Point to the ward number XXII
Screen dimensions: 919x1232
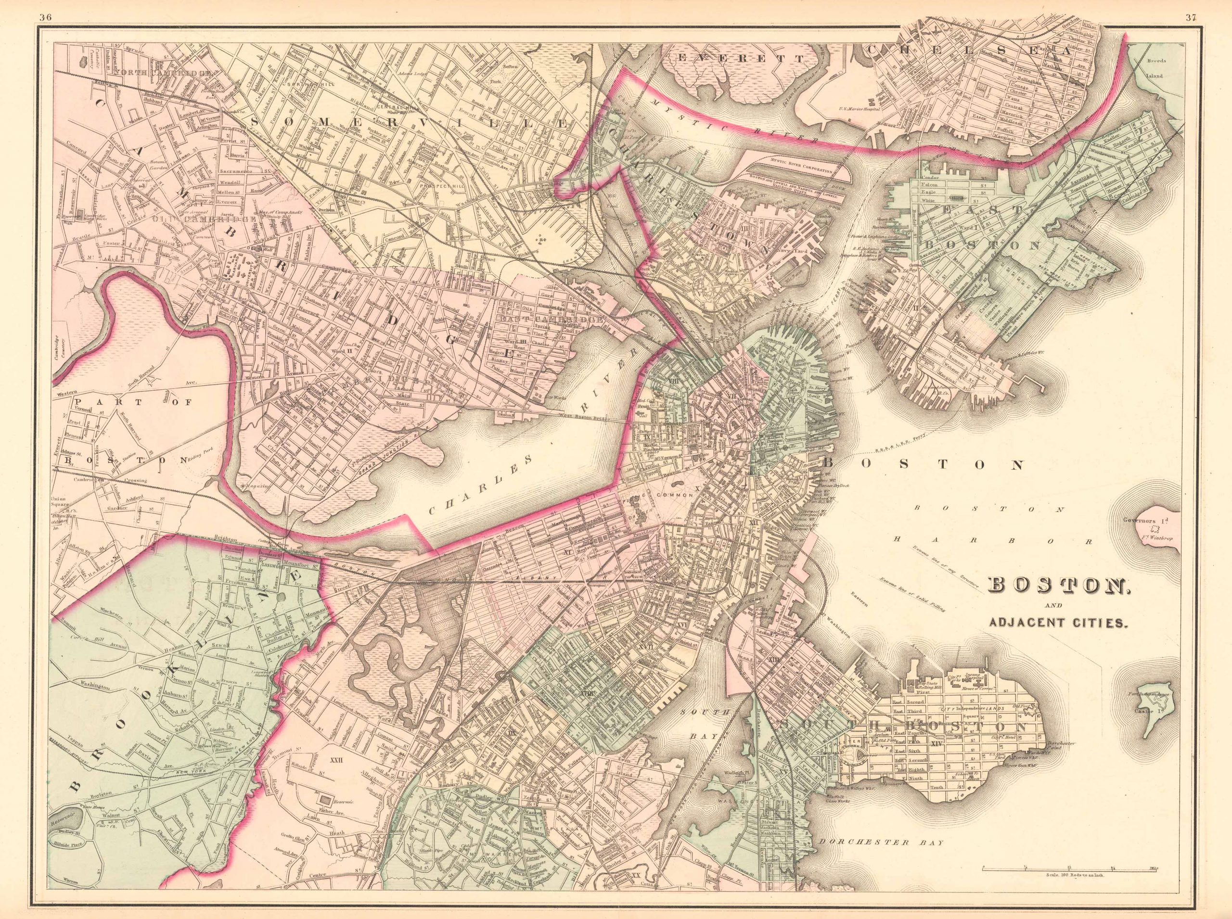pos(335,759)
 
